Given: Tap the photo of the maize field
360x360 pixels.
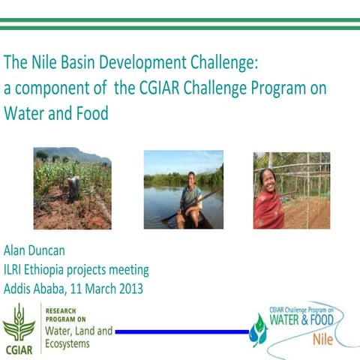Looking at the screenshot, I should (x=72, y=188).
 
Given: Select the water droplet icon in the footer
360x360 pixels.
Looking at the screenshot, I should (x=259, y=330).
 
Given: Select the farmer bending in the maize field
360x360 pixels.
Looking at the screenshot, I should (x=73, y=187).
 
